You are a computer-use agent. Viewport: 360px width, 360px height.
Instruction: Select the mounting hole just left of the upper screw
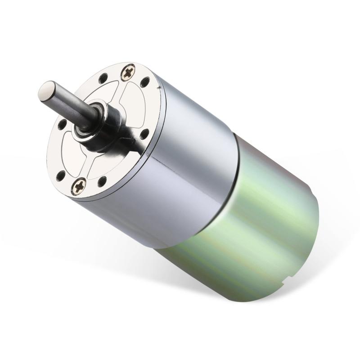pyautogui.click(x=103, y=78)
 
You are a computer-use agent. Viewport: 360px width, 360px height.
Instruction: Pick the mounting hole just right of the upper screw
pyautogui.click(x=145, y=82)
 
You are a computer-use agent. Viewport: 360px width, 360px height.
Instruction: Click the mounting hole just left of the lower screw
pyautogui.click(x=61, y=175)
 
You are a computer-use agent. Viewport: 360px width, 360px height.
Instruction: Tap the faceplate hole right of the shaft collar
pyautogui.click(x=144, y=134)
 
